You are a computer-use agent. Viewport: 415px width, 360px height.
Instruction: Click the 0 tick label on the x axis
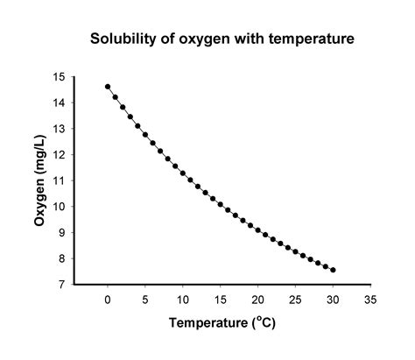pos(108,300)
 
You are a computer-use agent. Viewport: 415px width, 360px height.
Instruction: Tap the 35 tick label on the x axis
pos(371,300)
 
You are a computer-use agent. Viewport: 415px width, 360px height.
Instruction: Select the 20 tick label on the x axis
pos(258,300)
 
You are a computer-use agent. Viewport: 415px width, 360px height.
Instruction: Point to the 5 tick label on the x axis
pos(145,300)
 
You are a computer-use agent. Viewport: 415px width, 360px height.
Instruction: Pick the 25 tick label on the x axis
pos(296,300)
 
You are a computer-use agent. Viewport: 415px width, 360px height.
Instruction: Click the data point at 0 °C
pos(108,87)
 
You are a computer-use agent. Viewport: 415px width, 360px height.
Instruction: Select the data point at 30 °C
pos(334,270)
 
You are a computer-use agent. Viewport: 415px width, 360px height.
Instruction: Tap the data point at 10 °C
pos(183,173)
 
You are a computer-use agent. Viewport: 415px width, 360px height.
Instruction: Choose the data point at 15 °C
pos(221,205)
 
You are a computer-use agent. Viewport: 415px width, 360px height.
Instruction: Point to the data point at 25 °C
pos(296,252)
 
